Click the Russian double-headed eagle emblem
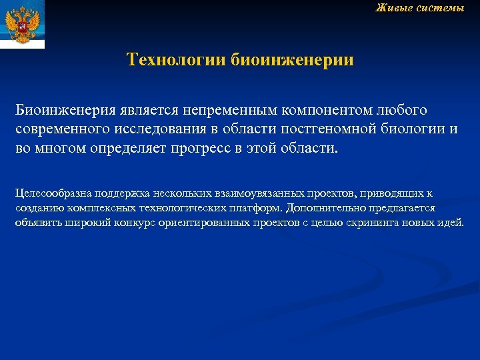(x=22, y=24)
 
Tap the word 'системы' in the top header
(x=441, y=8)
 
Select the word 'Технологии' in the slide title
(x=177, y=61)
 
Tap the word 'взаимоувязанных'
(x=253, y=194)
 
